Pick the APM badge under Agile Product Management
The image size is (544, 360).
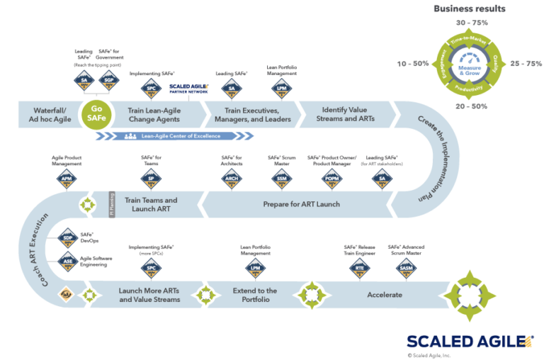click(67, 179)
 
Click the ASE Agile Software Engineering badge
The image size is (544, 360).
click(68, 262)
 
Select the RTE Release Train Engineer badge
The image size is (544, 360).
click(358, 267)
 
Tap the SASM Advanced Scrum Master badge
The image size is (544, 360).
click(407, 267)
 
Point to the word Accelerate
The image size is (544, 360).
click(385, 295)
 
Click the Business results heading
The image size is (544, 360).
click(470, 9)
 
